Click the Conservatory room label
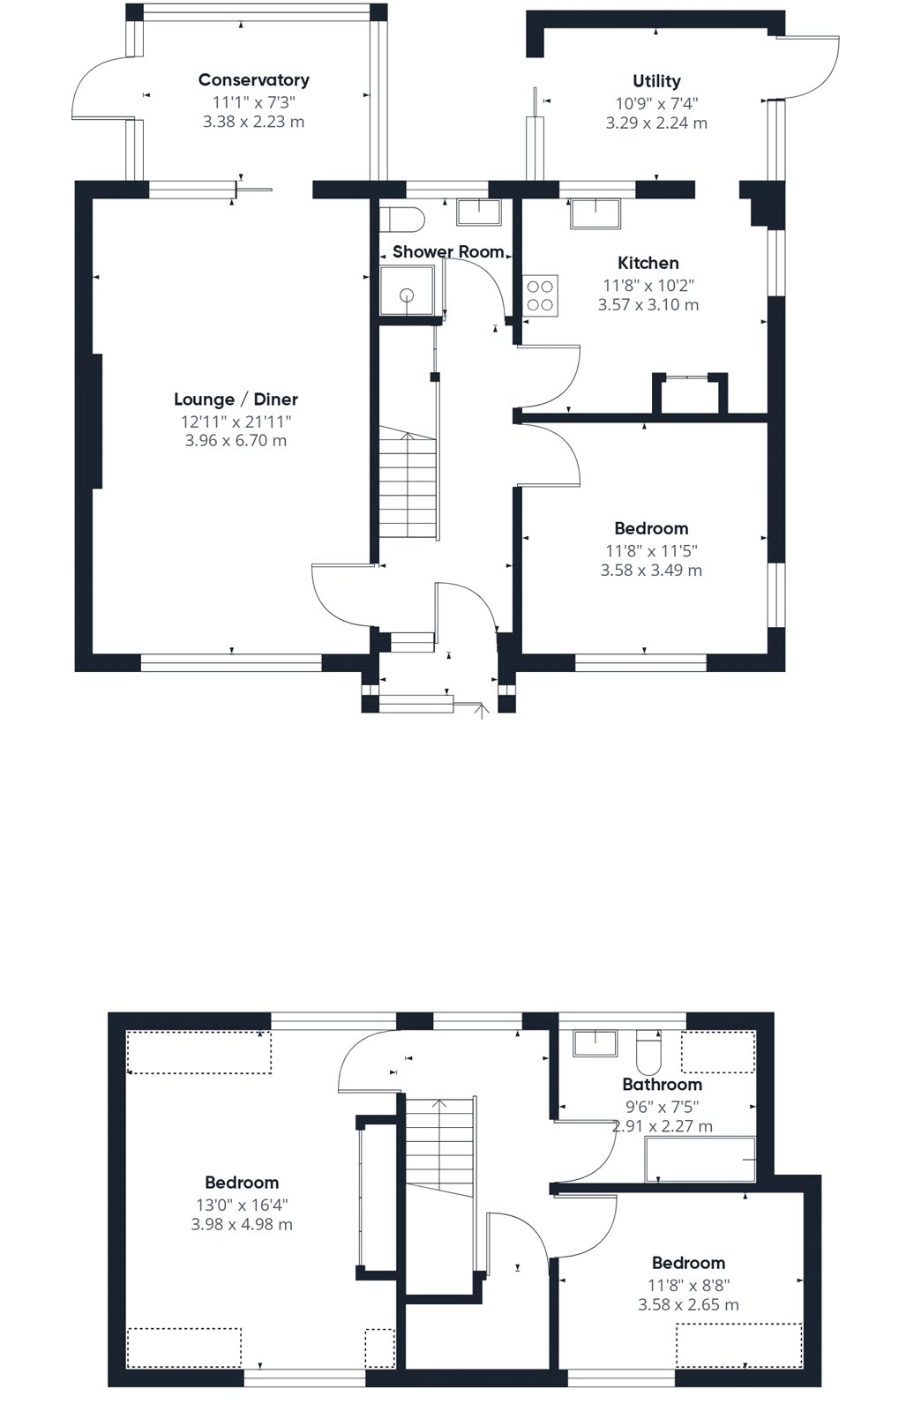(x=253, y=80)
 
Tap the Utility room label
(x=656, y=80)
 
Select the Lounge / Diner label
(x=236, y=399)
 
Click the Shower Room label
(x=448, y=252)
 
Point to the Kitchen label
(x=648, y=263)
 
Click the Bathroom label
(x=662, y=1084)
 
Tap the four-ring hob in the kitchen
(x=540, y=296)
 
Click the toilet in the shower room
(x=402, y=219)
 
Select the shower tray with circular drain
(x=407, y=290)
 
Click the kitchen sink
(x=595, y=213)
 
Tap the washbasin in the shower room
(x=479, y=212)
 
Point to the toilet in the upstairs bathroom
(x=648, y=1051)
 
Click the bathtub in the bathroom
(x=700, y=1159)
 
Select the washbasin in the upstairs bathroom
(x=595, y=1043)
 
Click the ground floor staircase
(x=408, y=482)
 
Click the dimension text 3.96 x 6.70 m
(x=236, y=440)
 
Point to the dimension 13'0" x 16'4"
(x=242, y=1205)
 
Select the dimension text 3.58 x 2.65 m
(x=688, y=1304)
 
